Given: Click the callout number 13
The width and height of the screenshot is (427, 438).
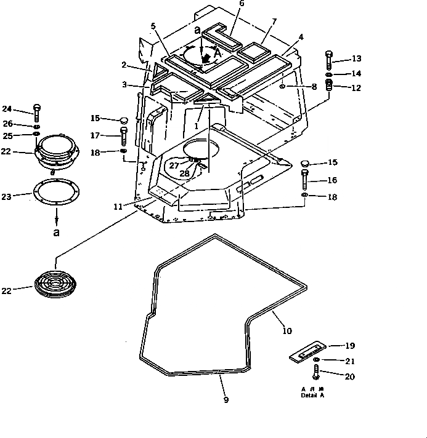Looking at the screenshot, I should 357,59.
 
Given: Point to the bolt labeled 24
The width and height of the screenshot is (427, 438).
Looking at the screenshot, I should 37,112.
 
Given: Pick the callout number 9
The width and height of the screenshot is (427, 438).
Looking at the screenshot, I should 226,400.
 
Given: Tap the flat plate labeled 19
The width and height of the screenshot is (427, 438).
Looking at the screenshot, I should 306,352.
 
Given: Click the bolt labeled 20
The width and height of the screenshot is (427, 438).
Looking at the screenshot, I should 317,372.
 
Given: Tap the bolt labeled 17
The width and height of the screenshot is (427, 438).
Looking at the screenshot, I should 123,134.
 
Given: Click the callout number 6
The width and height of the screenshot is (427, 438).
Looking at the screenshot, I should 224,4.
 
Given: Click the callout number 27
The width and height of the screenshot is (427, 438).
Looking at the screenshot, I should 174,165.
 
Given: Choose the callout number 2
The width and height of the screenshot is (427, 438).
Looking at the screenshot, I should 124,64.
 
